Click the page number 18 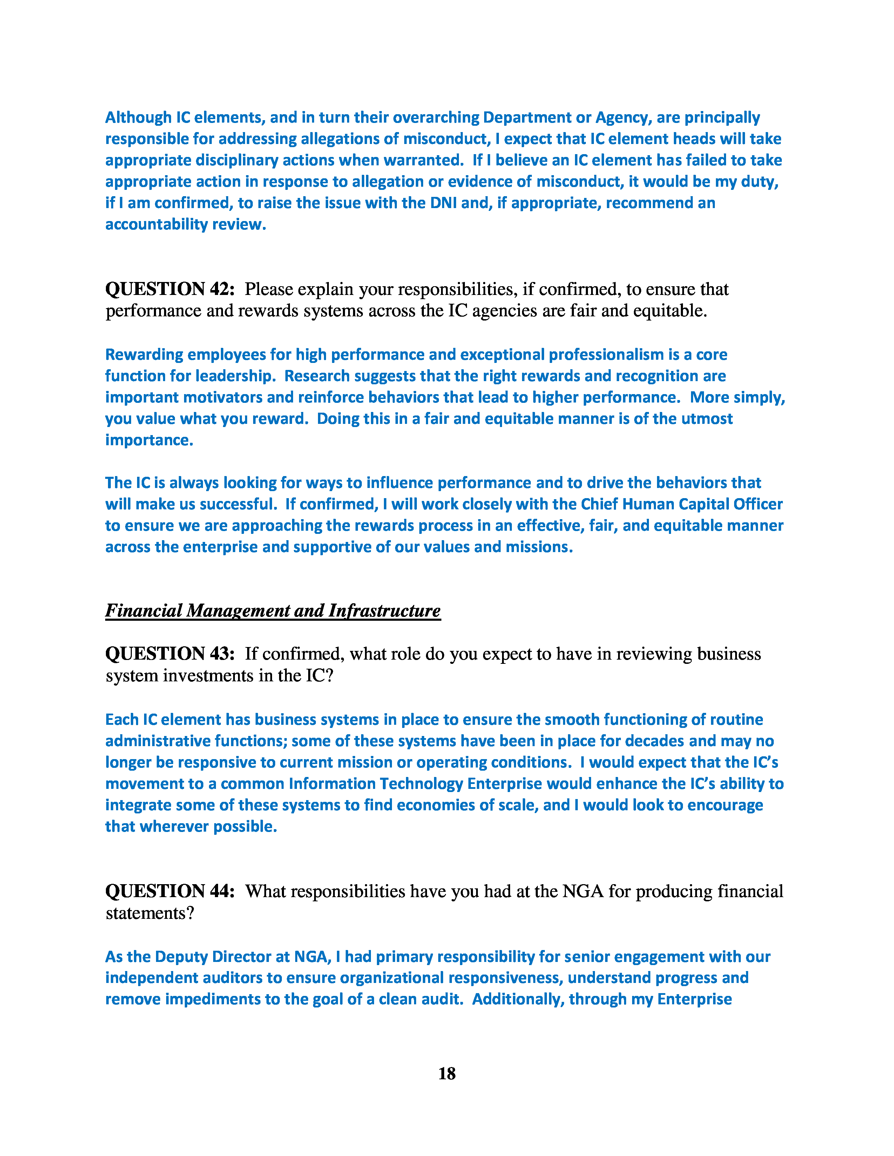click(446, 1073)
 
